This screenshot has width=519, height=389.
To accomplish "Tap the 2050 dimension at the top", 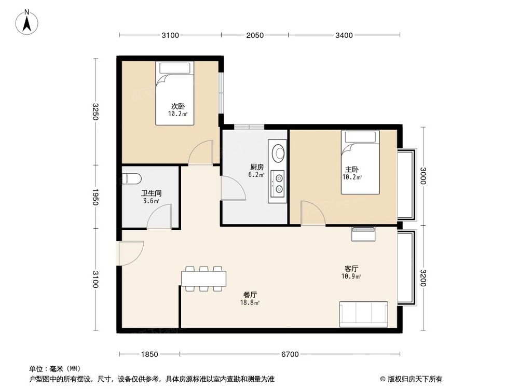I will [x=255, y=35].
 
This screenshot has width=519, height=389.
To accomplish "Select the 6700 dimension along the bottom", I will [x=290, y=354].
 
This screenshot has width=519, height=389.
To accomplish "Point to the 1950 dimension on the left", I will [x=95, y=197].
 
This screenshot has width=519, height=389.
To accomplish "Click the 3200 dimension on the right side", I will [x=424, y=279].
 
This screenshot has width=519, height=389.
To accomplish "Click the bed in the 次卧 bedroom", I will [x=175, y=93].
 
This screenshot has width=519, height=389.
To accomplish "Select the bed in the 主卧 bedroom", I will [x=360, y=162].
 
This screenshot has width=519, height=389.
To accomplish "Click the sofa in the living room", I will [x=363, y=314].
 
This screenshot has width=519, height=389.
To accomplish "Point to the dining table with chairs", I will [x=204, y=279].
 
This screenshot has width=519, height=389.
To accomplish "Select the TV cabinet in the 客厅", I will [x=363, y=234].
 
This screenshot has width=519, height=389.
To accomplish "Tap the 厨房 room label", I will [x=257, y=167].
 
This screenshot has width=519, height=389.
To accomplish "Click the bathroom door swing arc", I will [x=160, y=216].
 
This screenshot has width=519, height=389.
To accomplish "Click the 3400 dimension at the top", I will [x=344, y=35].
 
